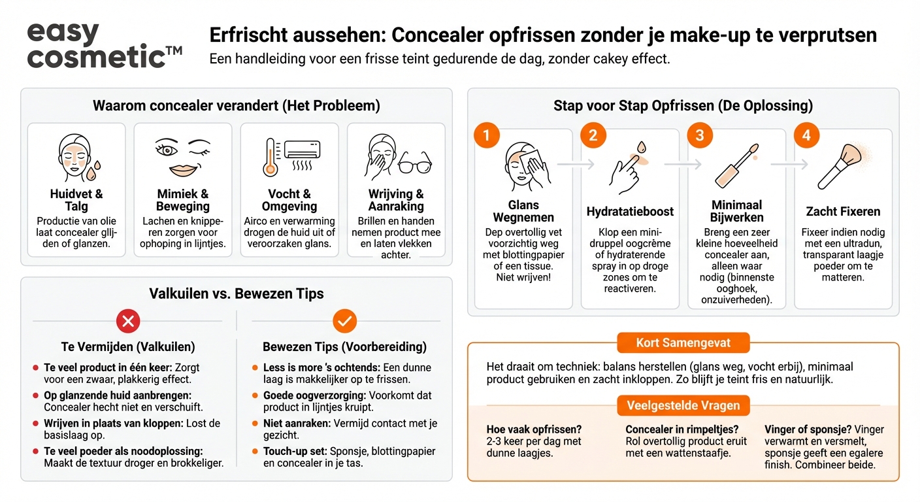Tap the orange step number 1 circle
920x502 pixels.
point(486,135)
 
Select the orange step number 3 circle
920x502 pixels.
point(699,135)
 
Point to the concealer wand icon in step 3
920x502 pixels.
point(736,167)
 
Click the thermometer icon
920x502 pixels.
point(270,158)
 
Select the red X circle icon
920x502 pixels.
point(128,321)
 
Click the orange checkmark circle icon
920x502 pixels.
point(344,321)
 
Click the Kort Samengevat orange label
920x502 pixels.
point(683,343)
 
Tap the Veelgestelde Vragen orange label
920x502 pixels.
point(683,405)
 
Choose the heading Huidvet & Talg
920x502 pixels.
point(76,200)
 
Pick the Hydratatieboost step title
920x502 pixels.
point(630,211)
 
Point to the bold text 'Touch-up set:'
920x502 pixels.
point(294,451)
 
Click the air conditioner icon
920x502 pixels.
point(303,150)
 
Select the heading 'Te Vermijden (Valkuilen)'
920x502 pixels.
point(128,346)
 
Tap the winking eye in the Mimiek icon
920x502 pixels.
point(199,145)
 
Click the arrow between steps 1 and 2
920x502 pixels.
point(576,165)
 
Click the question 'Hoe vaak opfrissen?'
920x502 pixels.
point(534,429)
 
